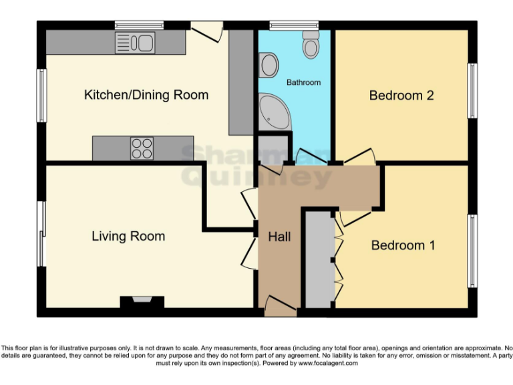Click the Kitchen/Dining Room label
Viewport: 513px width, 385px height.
pyautogui.click(x=146, y=95)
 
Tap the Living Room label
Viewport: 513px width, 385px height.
pyautogui.click(x=128, y=236)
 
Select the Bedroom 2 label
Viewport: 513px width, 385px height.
pyautogui.click(x=401, y=96)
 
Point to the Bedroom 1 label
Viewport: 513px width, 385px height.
pyautogui.click(x=403, y=245)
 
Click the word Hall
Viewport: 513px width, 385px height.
pyautogui.click(x=279, y=237)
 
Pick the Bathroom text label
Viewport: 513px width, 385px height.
pyautogui.click(x=303, y=82)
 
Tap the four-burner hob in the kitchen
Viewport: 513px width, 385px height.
pyautogui.click(x=142, y=148)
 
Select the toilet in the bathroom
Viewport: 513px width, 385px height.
pyautogui.click(x=311, y=44)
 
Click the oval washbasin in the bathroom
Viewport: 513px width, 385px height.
pyautogui.click(x=269, y=66)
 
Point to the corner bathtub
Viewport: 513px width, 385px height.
pyautogui.click(x=273, y=110)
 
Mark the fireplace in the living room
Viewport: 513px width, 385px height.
pyautogui.click(x=142, y=301)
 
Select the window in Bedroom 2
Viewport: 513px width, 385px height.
pyautogui.click(x=472, y=91)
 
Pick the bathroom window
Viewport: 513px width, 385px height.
pyautogui.click(x=294, y=26)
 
